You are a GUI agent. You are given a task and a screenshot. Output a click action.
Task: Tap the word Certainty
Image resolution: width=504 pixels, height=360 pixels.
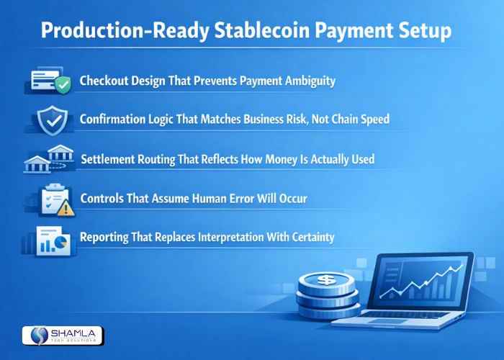click(308, 236)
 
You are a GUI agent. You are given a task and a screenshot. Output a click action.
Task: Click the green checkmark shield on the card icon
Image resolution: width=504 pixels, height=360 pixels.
click(63, 86)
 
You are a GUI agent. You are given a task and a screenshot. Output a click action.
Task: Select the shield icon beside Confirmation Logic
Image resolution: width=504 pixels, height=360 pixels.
click(51, 122)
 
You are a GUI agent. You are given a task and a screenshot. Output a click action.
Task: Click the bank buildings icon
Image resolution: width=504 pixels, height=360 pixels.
click(48, 159)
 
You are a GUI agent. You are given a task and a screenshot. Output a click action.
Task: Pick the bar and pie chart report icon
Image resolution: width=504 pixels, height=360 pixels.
click(50, 241)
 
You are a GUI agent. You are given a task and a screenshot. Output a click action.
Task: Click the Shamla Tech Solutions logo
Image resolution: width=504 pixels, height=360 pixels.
click(63, 335)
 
